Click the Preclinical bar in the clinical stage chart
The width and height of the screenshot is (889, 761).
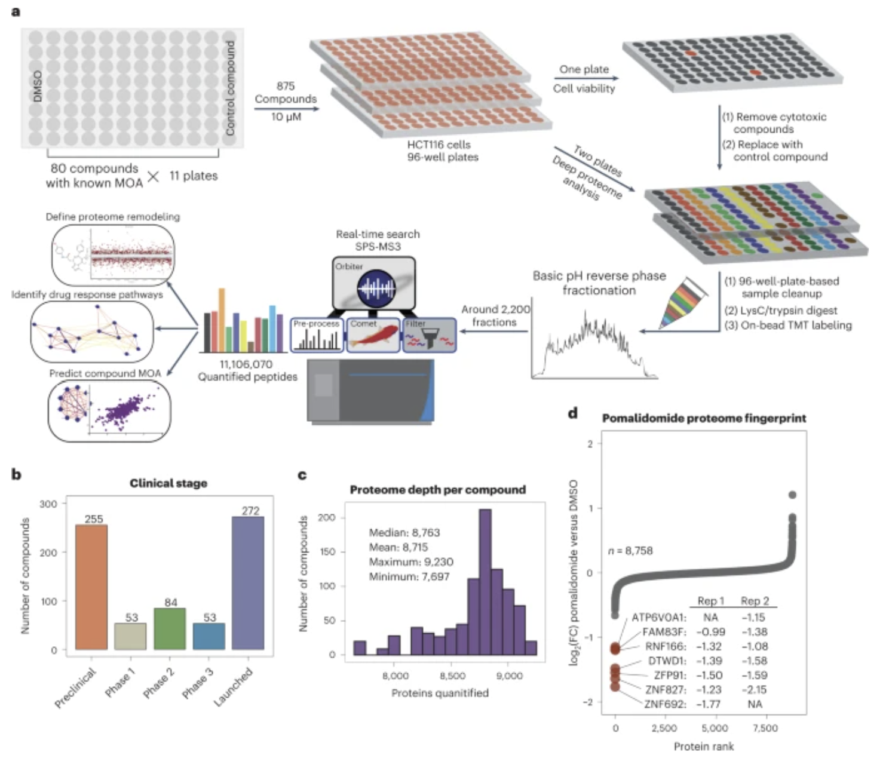pos(91,587)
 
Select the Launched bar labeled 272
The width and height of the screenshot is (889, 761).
pos(248,582)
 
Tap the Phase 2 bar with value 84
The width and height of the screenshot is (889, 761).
pos(170,628)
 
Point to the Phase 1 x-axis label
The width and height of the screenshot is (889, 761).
pos(121,682)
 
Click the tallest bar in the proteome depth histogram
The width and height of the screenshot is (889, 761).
pos(485,582)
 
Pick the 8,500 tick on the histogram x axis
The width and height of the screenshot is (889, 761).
pos(452,676)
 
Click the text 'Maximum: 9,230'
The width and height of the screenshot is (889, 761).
pos(411,562)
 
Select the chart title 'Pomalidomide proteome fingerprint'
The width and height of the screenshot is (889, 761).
pos(704,418)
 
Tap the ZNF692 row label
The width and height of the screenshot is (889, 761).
pos(665,704)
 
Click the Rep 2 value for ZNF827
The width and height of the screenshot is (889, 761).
pos(755,689)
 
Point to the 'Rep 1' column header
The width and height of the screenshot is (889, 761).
pos(710,601)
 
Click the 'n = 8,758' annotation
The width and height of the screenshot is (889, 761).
pos(630,551)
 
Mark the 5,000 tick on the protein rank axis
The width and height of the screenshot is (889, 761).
pos(715,728)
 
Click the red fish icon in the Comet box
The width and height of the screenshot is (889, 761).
pos(373,337)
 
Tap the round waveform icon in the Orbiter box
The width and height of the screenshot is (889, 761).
pos(376,289)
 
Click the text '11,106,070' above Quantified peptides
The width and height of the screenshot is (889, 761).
pos(246,364)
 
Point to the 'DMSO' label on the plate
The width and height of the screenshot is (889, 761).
pos(37,87)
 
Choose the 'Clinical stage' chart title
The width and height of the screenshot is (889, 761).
pos(168,483)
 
